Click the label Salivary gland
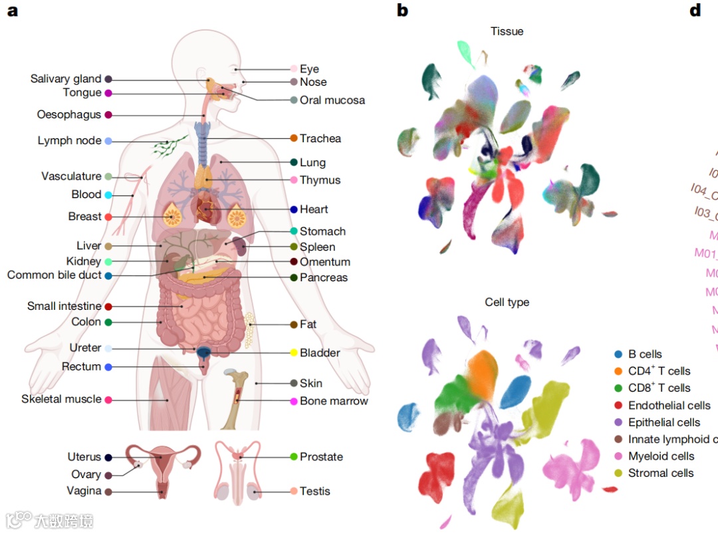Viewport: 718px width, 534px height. click(x=66, y=78)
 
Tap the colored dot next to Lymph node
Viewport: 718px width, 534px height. click(x=108, y=141)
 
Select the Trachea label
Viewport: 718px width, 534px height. click(x=320, y=138)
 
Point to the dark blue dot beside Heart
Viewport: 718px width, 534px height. click(x=294, y=209)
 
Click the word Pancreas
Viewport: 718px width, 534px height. click(x=323, y=277)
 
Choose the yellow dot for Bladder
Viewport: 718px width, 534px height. click(x=294, y=352)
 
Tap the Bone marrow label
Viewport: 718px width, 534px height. click(x=334, y=401)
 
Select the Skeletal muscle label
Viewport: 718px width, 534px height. click(x=61, y=399)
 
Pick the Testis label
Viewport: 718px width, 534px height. click(x=314, y=491)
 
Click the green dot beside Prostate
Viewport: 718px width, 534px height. click(x=294, y=457)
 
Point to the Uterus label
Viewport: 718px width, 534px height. click(x=84, y=457)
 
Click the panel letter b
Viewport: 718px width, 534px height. click(x=402, y=11)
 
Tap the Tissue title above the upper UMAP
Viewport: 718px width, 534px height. click(x=507, y=31)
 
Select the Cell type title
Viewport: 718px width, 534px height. click(x=507, y=302)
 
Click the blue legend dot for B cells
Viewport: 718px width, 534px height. click(x=618, y=354)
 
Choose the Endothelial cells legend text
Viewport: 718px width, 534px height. click(x=669, y=405)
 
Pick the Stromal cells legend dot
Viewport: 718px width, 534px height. click(x=618, y=473)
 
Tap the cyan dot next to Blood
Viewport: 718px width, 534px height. click(x=108, y=195)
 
